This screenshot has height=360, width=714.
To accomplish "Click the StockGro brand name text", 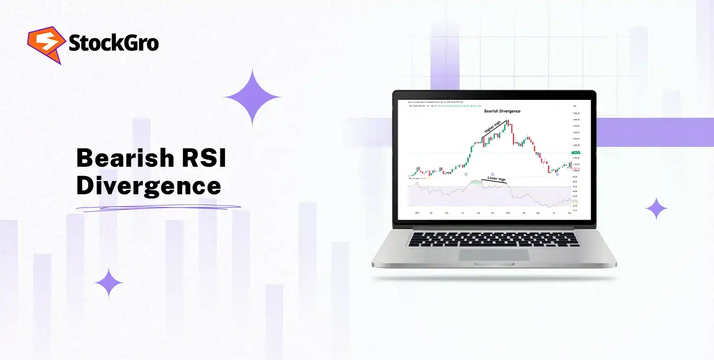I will click(x=113, y=43).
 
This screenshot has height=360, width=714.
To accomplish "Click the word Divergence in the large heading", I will click(x=148, y=186).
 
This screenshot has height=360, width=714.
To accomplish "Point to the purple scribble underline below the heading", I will click(x=158, y=207).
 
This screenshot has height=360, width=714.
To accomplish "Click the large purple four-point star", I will click(x=252, y=97).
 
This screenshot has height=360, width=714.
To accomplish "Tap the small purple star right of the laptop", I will click(x=656, y=208).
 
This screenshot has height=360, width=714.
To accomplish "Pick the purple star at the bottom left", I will click(x=109, y=282).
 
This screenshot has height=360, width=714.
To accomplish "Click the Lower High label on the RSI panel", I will click(x=497, y=179).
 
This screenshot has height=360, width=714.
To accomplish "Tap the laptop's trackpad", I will click(x=493, y=255).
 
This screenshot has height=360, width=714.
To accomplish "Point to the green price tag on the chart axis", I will click(x=576, y=152).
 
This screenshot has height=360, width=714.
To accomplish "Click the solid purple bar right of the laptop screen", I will click(x=655, y=132).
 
